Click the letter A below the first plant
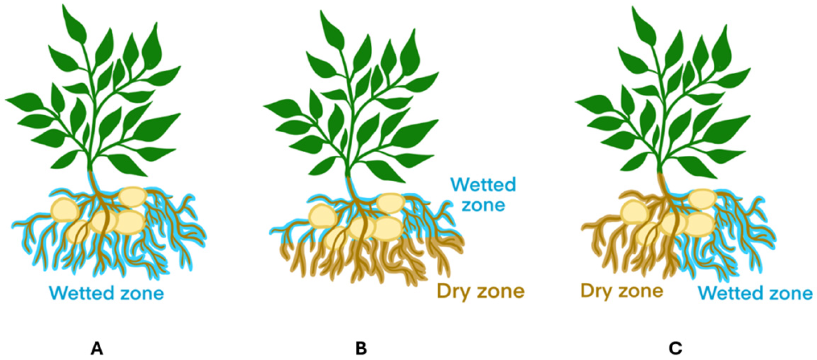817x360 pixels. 97,349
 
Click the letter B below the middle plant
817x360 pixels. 361,349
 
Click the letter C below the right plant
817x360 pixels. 675,349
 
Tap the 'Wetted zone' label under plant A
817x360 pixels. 107,293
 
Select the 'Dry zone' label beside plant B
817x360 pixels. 481,291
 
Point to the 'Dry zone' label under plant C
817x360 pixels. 621,291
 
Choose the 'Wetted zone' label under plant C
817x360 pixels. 755,293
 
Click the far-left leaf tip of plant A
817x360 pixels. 8,100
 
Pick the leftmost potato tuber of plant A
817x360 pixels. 64,210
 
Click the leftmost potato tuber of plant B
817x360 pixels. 322,216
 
